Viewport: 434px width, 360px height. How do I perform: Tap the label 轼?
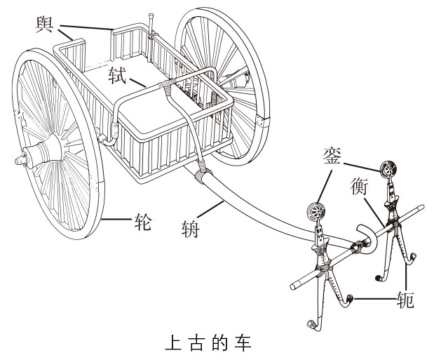coord(117,73)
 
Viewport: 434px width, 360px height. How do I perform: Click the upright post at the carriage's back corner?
coord(151,29)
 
